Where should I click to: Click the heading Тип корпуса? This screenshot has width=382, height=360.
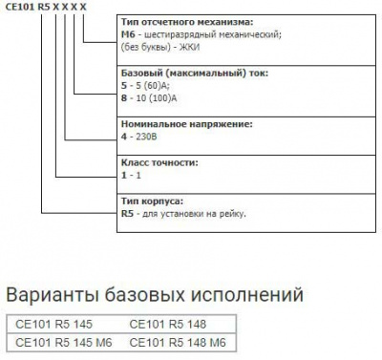coord(152,201)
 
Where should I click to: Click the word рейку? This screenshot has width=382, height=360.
coord(231,214)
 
